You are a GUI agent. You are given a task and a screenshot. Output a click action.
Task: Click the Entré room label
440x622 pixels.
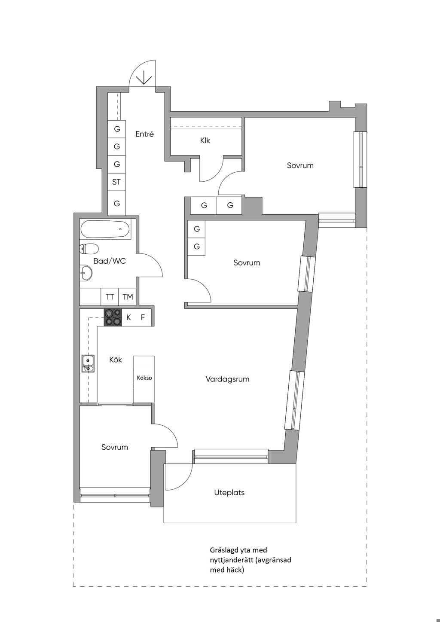[144, 134]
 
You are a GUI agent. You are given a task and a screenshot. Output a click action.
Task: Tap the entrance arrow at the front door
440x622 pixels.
[144, 77]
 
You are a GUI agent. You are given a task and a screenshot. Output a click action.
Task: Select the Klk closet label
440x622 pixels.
[205, 140]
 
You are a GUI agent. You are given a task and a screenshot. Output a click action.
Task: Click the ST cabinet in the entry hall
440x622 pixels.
[116, 182]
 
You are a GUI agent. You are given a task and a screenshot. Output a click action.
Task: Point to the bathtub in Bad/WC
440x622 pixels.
[105, 229]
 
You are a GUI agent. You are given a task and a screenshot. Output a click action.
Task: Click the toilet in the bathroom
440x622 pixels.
[89, 249]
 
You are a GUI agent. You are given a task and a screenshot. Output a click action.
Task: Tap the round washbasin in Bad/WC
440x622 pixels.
[86, 273]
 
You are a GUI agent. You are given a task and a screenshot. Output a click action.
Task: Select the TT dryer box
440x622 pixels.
[110, 297]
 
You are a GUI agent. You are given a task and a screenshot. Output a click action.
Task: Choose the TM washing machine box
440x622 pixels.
[128, 297]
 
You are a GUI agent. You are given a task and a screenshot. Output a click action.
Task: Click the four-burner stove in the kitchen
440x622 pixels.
[113, 317]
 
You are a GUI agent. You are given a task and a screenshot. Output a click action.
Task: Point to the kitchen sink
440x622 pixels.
[88, 363]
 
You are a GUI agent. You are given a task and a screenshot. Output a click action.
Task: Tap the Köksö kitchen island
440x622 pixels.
[144, 379]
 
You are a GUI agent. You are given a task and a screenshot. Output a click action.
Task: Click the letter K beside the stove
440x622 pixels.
[128, 317]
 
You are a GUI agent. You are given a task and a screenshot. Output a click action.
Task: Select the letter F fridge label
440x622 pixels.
[143, 317]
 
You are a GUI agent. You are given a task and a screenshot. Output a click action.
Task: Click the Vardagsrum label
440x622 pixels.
[227, 379]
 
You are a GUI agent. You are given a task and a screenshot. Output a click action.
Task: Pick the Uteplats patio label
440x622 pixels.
[229, 493]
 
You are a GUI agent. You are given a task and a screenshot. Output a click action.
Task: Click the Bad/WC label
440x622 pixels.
[110, 261]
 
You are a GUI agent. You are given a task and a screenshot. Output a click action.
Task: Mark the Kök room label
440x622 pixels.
[116, 360]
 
